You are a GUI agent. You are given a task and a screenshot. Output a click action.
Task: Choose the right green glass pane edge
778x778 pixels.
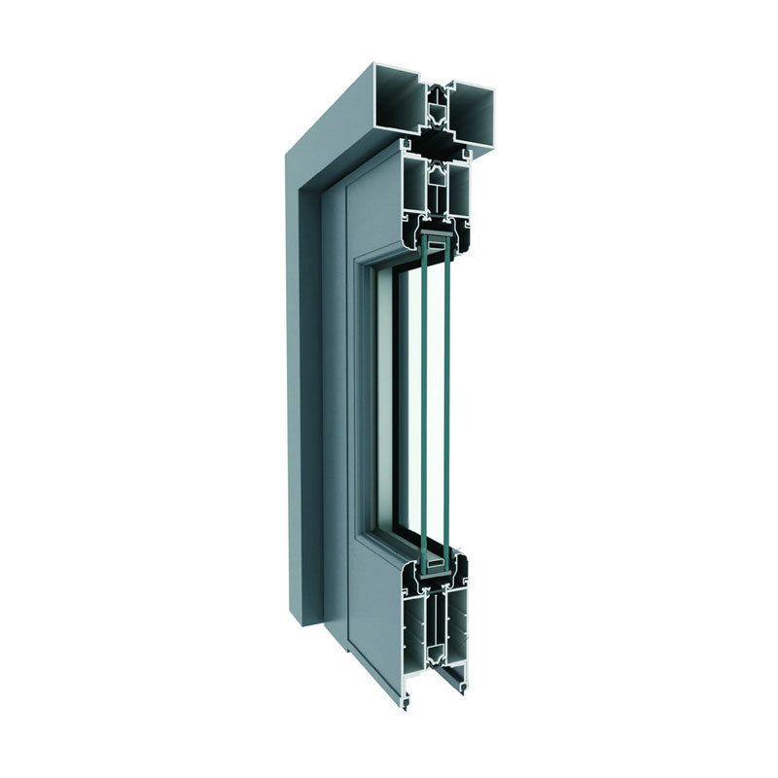(446, 399)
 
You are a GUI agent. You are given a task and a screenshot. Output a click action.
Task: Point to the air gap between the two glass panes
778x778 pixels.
(435, 399)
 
